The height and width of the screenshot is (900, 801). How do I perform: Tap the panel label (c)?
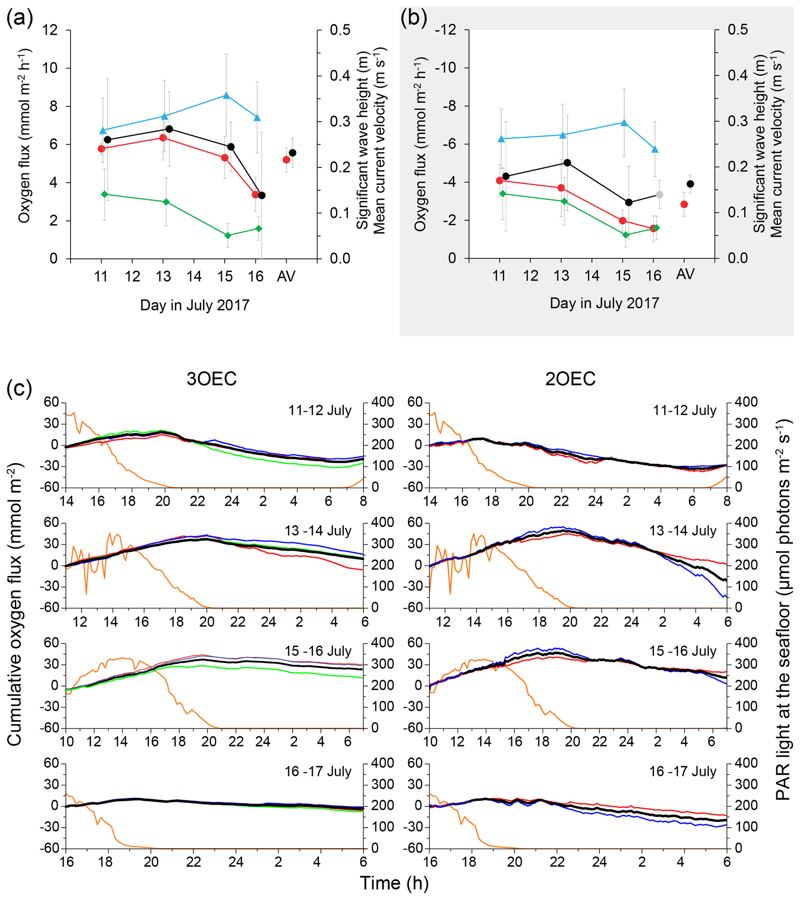[19, 388]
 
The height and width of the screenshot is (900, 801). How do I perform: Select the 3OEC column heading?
[212, 379]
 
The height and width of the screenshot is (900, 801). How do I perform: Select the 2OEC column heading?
[570, 379]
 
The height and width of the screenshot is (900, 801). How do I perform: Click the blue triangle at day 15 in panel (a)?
[226, 96]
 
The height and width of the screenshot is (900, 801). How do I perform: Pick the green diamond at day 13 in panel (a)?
[166, 202]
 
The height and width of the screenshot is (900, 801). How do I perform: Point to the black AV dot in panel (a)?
[293, 153]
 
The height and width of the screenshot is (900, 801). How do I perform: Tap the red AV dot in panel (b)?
[684, 204]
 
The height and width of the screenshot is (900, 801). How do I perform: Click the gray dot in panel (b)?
[659, 195]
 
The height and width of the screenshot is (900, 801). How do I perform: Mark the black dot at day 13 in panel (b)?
[567, 163]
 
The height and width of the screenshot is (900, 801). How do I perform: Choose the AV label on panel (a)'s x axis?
[286, 276]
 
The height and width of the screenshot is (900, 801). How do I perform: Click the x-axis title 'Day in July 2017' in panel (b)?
[604, 303]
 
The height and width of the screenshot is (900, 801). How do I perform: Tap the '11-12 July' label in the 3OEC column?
[320, 410]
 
